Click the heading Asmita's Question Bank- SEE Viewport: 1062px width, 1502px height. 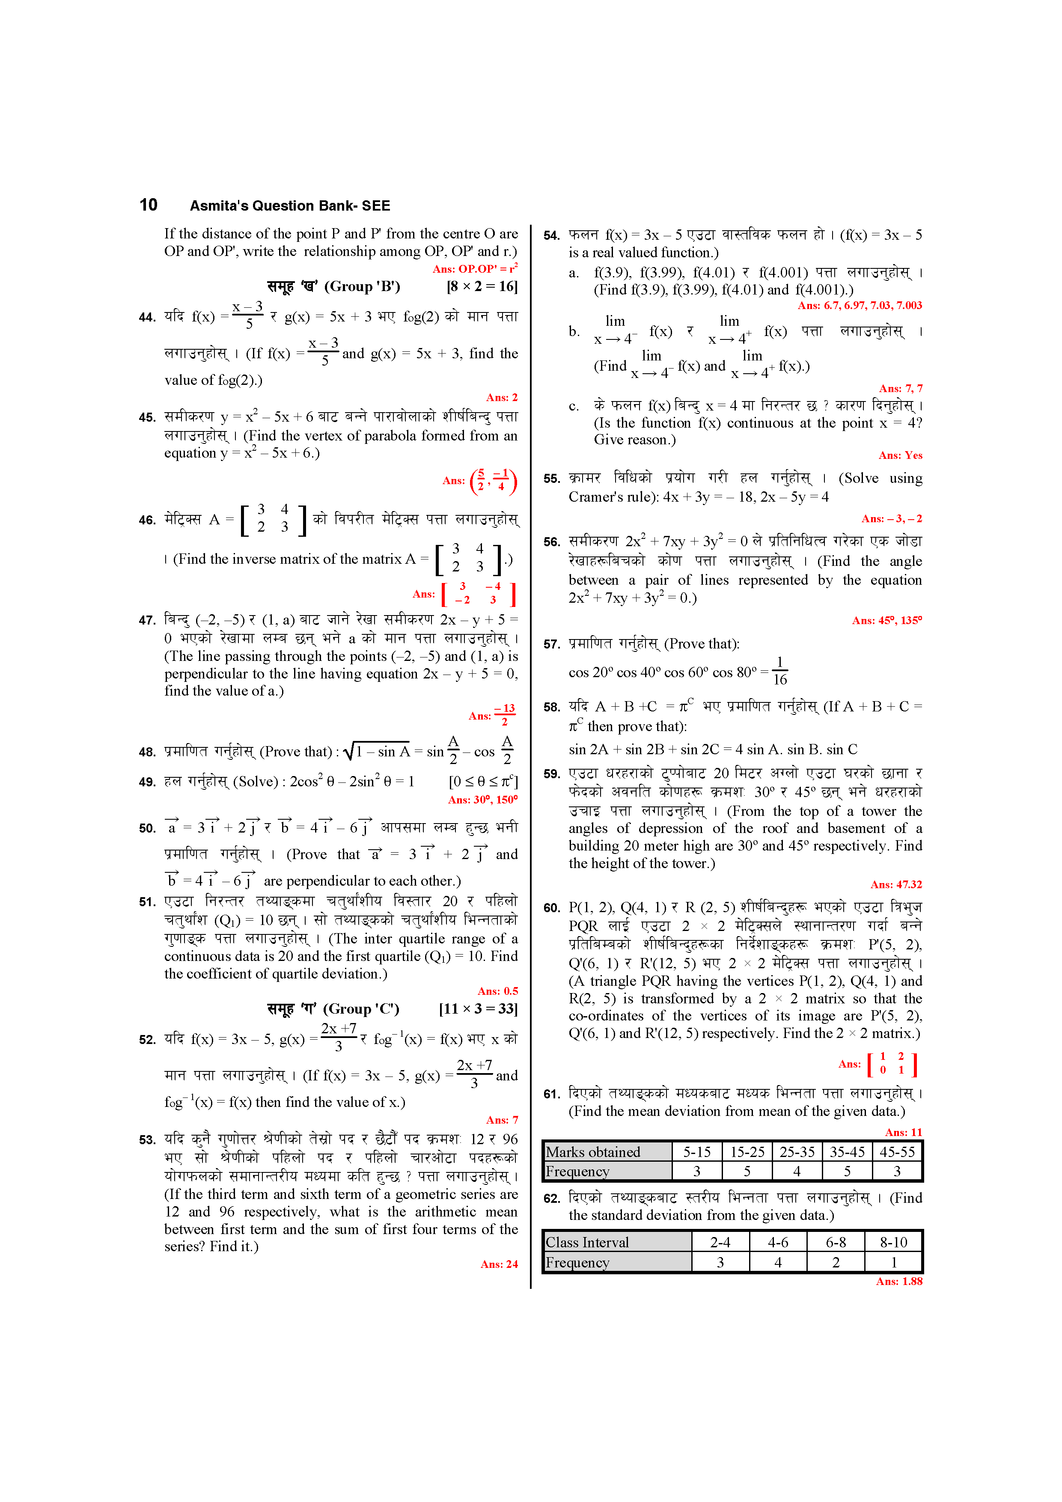[x=290, y=205]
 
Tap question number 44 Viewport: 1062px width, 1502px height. [x=147, y=317]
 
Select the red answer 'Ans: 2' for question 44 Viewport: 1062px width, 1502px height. [x=501, y=398]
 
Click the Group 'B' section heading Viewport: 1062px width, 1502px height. [x=334, y=286]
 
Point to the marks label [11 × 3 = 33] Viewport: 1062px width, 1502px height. [x=478, y=1009]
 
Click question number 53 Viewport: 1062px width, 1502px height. [x=147, y=1139]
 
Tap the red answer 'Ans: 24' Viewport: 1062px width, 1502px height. [x=499, y=1264]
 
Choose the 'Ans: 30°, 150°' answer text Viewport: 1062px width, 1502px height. [x=482, y=800]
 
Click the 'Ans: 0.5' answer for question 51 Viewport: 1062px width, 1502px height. [x=497, y=991]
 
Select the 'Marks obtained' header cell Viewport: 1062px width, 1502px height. [x=593, y=1152]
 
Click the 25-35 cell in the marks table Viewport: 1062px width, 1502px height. [x=796, y=1152]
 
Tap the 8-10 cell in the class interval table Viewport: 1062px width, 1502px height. [x=893, y=1242]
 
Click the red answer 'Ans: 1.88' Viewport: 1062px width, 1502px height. [x=898, y=1282]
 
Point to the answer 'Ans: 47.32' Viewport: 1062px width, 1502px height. [x=896, y=884]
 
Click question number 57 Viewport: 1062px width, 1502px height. [x=552, y=644]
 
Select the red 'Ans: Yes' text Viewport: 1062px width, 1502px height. [x=900, y=455]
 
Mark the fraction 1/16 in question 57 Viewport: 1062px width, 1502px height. [x=779, y=671]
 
